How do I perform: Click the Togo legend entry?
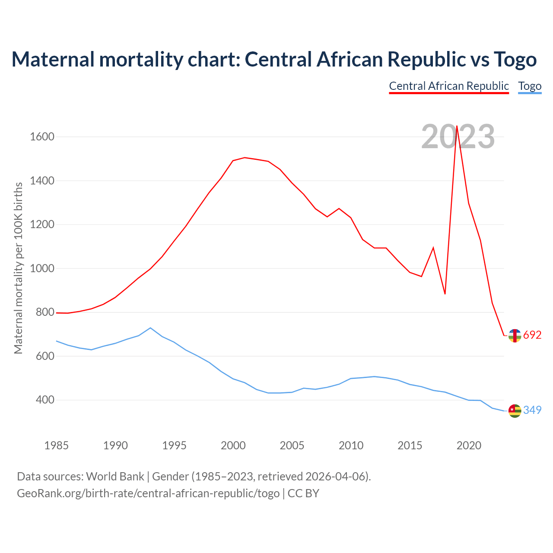coord(530,86)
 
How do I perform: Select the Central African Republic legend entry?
coord(449,86)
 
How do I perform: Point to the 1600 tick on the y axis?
coord(42,137)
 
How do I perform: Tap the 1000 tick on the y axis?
coord(42,268)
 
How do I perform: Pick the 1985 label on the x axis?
coord(57,445)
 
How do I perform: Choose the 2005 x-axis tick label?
coord(292,445)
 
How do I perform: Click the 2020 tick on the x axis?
coord(469,445)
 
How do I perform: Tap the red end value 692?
coord(532,335)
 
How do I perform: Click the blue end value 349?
coord(532,410)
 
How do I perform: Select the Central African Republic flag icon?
coord(515,335)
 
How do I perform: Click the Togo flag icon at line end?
coord(515,410)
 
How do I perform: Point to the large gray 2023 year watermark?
coord(458,137)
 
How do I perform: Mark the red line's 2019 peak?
coord(457,126)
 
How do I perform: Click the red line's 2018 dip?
coord(445,294)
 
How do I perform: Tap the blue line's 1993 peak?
coord(150,328)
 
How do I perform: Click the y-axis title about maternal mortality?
coord(18,268)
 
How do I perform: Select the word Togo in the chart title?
coord(515,59)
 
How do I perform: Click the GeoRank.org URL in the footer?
coord(148,493)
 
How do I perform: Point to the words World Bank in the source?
coord(115,477)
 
